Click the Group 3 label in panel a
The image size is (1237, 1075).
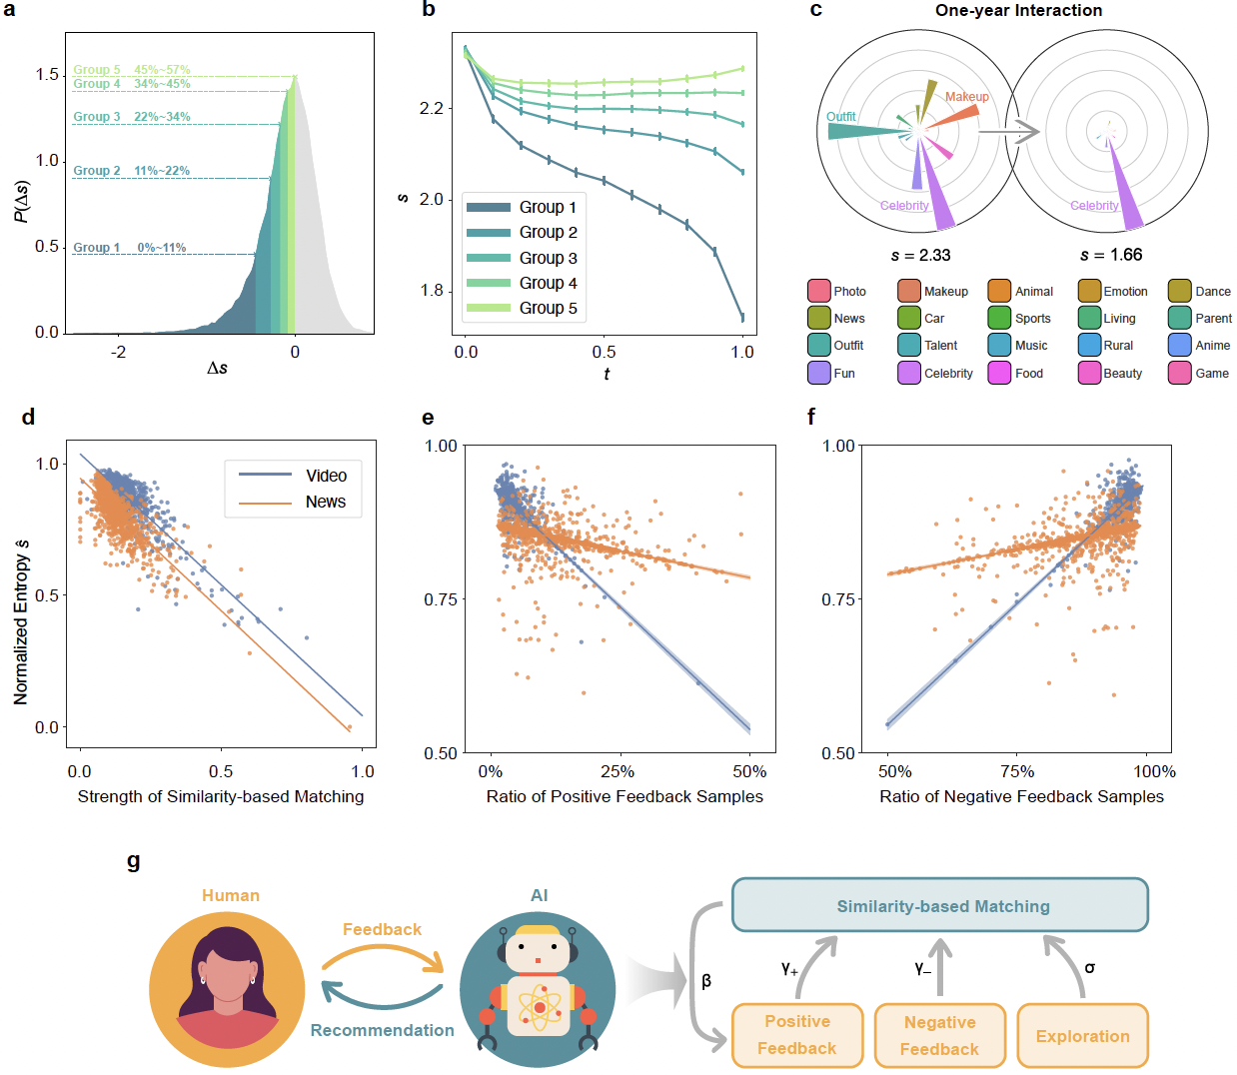click(x=96, y=117)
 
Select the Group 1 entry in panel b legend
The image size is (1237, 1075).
click(x=547, y=207)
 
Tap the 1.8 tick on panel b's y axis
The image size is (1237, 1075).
click(x=432, y=291)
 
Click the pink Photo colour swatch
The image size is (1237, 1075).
click(x=818, y=291)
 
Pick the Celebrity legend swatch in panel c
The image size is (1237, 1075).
click(x=908, y=373)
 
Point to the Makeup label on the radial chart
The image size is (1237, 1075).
click(x=966, y=97)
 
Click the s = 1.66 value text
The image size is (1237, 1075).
click(x=1111, y=255)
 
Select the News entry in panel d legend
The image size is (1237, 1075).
click(x=325, y=502)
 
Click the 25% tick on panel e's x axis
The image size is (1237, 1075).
click(x=618, y=771)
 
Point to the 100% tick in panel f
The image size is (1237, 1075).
click(x=1154, y=771)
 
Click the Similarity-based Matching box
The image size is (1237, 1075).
click(x=941, y=906)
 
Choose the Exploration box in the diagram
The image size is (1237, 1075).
click(x=1082, y=1036)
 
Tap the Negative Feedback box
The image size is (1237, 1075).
click(x=939, y=1035)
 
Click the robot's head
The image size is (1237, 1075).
click(x=538, y=950)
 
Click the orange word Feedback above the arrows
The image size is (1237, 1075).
click(x=382, y=929)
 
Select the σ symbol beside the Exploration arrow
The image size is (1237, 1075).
click(x=1089, y=967)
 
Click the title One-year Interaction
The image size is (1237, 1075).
click(x=1018, y=10)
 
